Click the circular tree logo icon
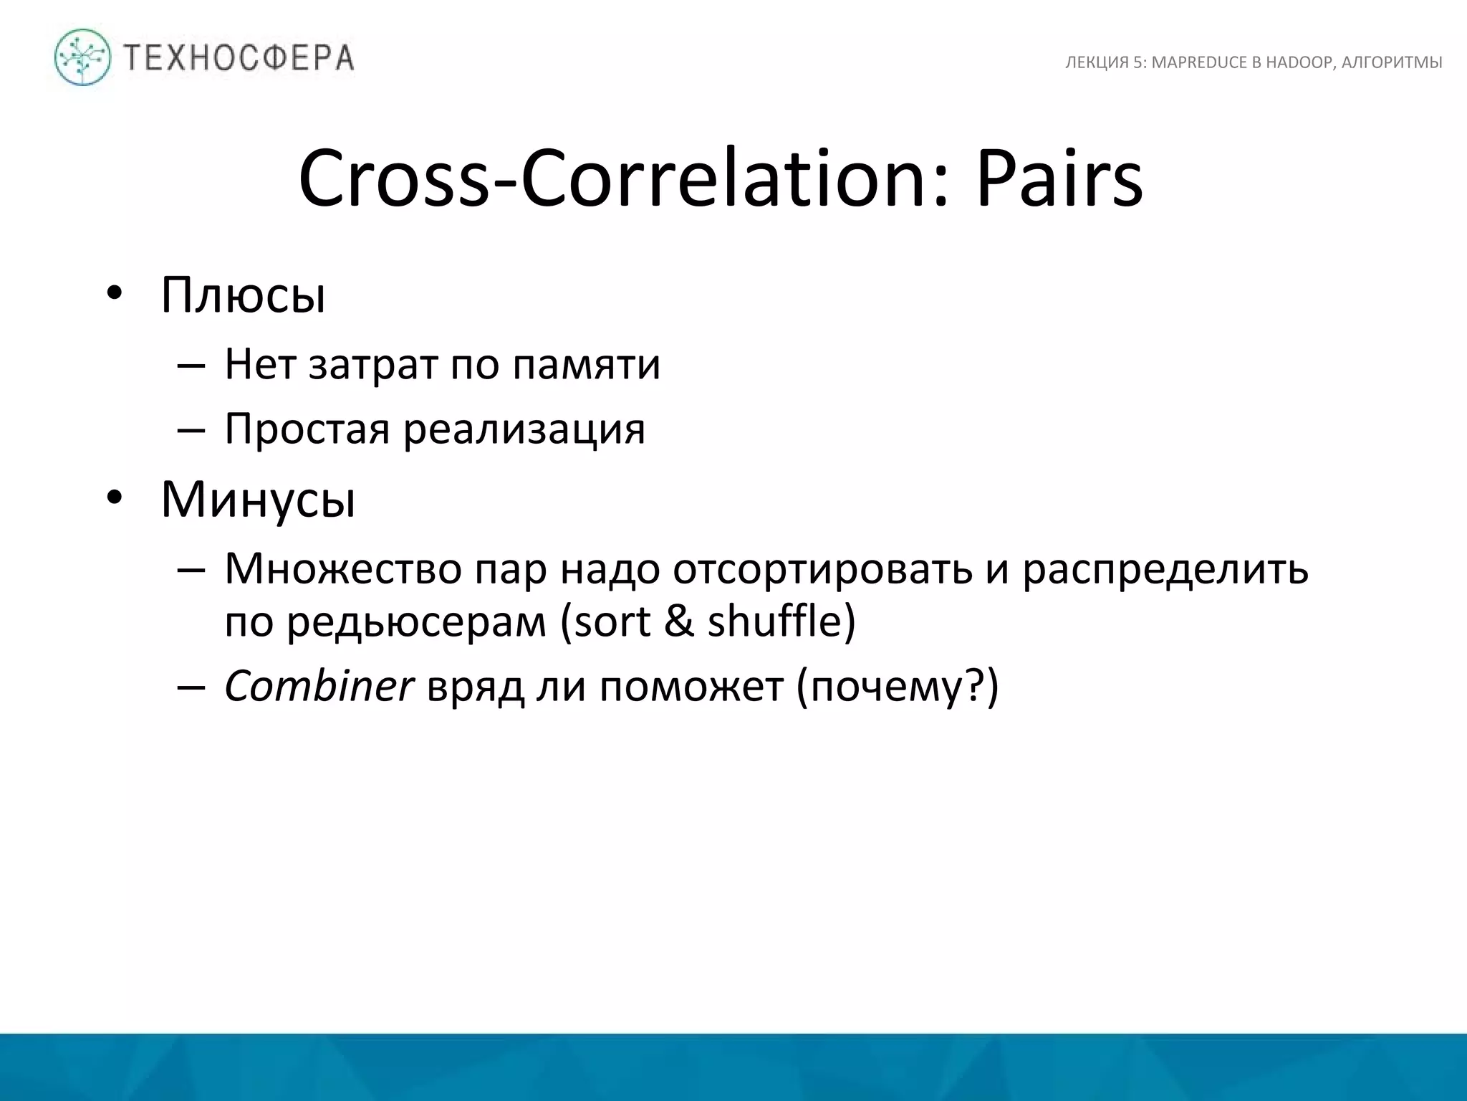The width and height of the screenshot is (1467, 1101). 82,57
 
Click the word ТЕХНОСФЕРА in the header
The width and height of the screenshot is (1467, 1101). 239,58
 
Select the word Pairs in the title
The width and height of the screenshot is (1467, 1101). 1059,179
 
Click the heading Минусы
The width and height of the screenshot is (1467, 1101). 258,500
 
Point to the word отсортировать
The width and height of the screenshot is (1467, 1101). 822,569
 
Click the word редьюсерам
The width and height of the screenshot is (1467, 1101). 416,621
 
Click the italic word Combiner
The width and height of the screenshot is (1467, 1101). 319,686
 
